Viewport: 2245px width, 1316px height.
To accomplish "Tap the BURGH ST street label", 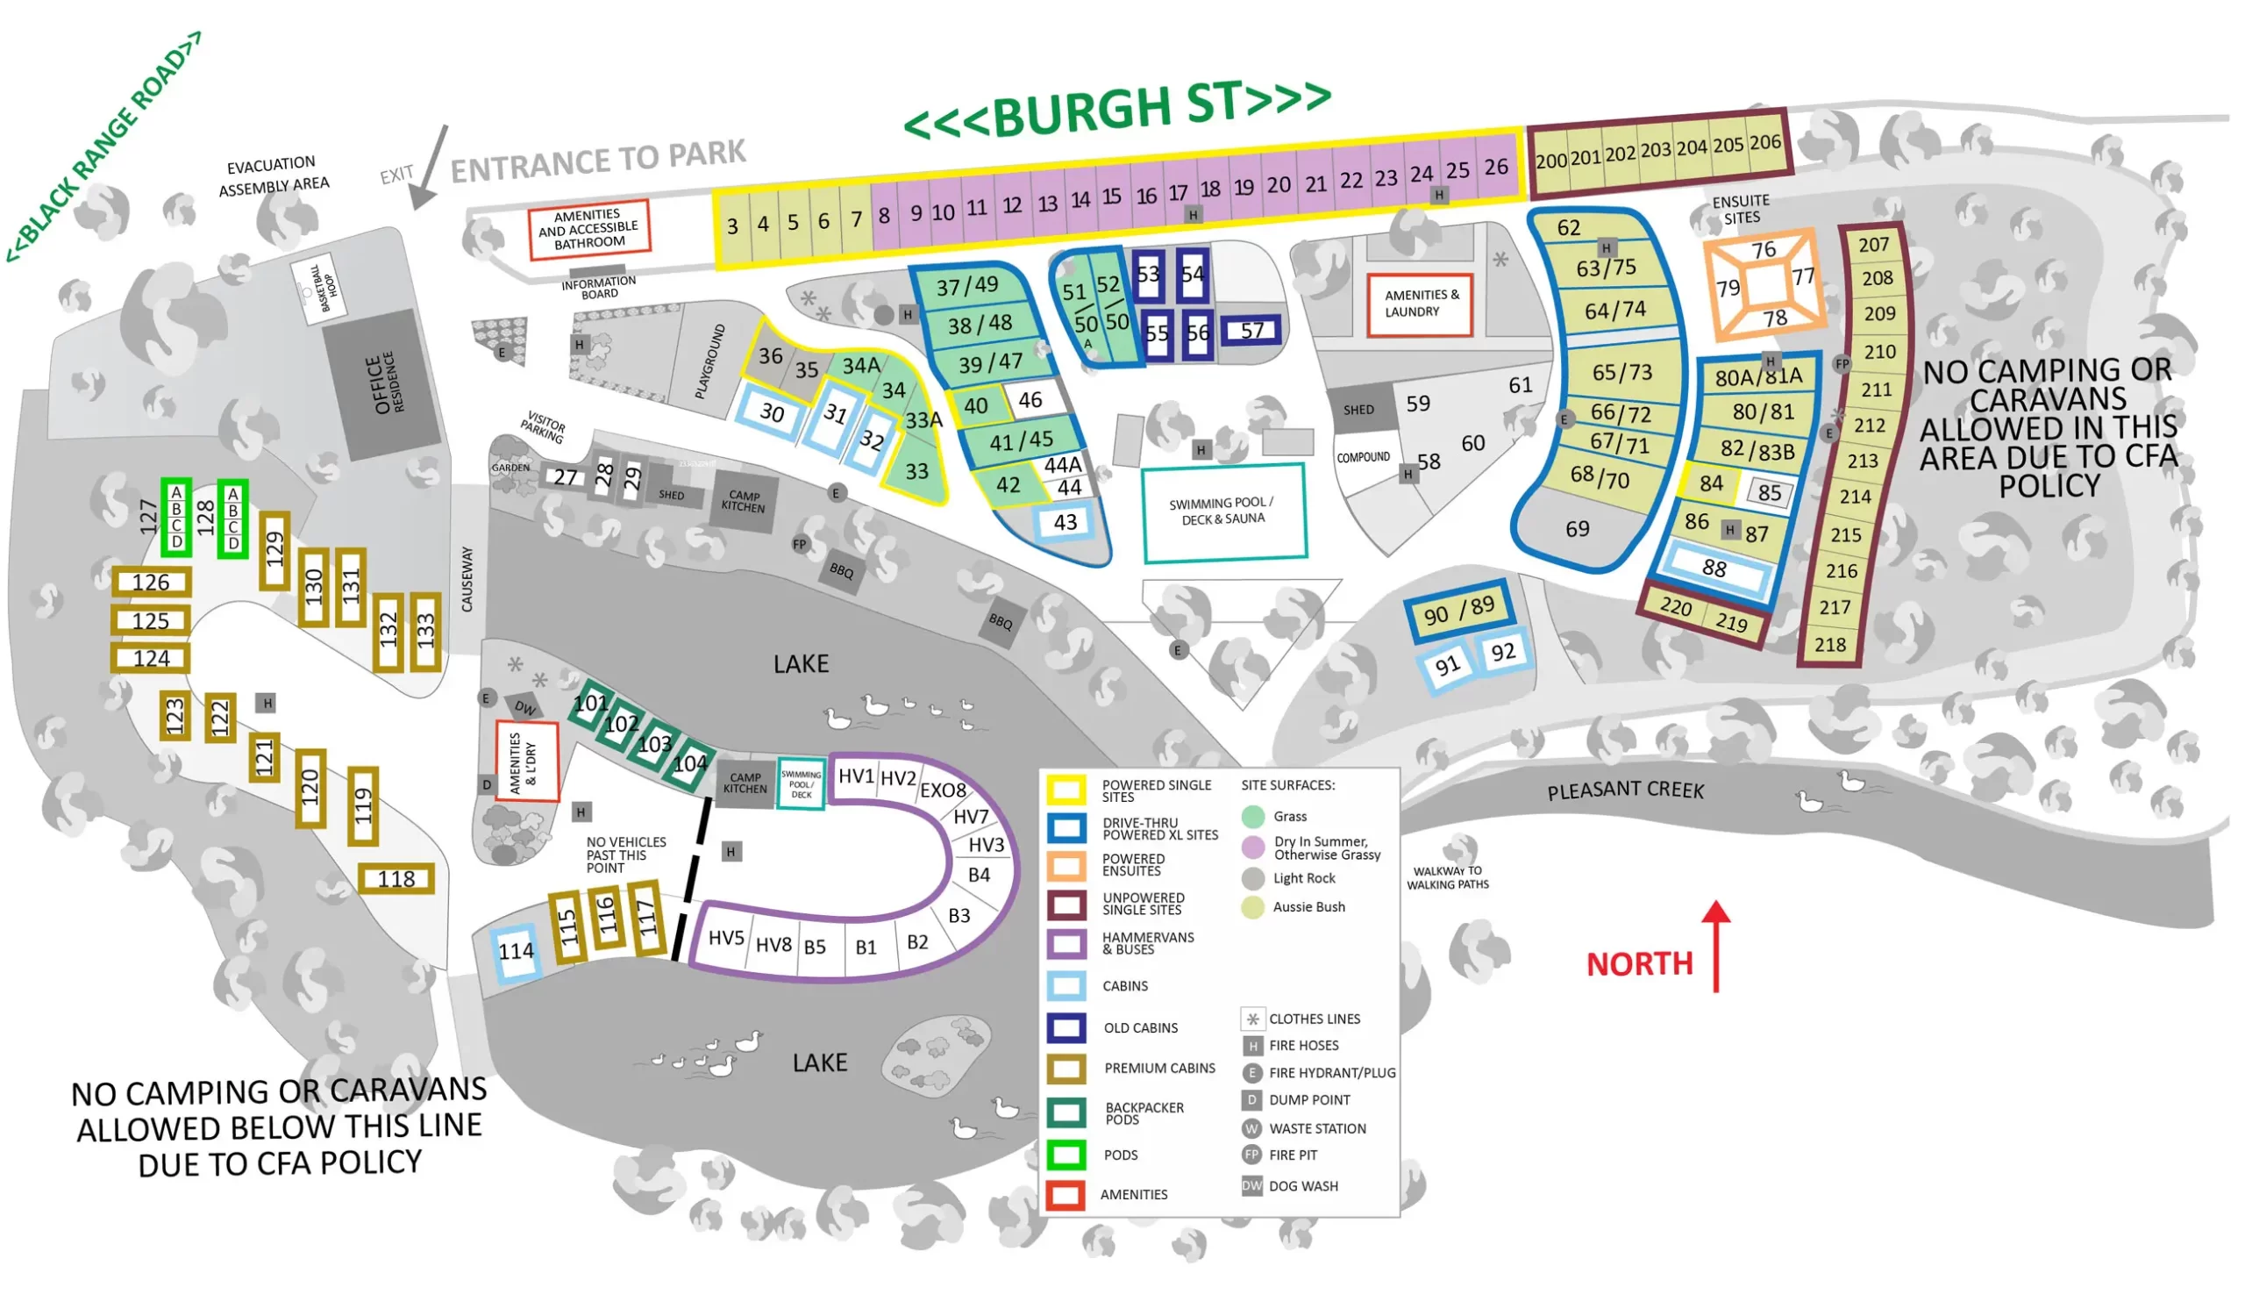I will pyautogui.click(x=1117, y=109).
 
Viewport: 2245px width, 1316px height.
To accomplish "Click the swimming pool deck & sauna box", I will pyautogui.click(x=1223, y=512).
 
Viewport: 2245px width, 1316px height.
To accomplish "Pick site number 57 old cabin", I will pyautogui.click(x=1251, y=331).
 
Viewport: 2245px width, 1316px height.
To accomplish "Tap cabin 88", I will pyautogui.click(x=1714, y=568).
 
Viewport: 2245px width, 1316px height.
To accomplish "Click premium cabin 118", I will pyautogui.click(x=396, y=878).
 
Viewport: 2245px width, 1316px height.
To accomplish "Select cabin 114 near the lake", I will pyautogui.click(x=516, y=952).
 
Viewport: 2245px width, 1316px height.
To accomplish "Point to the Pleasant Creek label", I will pyautogui.click(x=1625, y=790).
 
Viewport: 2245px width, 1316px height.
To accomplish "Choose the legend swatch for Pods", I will pyautogui.click(x=1065, y=1155).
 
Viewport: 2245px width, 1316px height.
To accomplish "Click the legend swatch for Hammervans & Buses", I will pyautogui.click(x=1065, y=943).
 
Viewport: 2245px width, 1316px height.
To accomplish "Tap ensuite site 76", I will pyautogui.click(x=1763, y=250).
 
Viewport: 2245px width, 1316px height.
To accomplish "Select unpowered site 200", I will pyautogui.click(x=1550, y=161).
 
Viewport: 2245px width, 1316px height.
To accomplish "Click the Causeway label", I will pyautogui.click(x=467, y=579).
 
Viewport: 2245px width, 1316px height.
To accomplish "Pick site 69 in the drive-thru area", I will pyautogui.click(x=1577, y=529).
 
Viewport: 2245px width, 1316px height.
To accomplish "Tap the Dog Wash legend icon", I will pyautogui.click(x=1251, y=1186).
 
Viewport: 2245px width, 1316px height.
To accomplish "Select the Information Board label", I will pyautogui.click(x=599, y=287).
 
